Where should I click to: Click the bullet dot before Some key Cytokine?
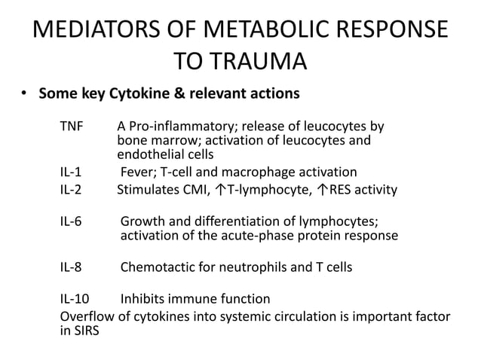pyautogui.click(x=24, y=95)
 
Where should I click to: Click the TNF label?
pyautogui.click(x=72, y=124)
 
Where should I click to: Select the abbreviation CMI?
pyautogui.click(x=191, y=189)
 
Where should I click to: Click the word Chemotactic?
pyautogui.click(x=156, y=267)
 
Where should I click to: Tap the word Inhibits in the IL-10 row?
pyautogui.click(x=146, y=299)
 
